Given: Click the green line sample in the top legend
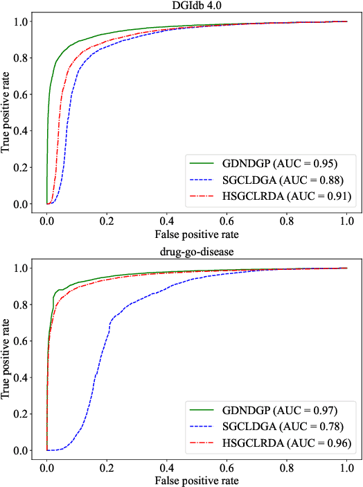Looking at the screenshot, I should coord(204,164).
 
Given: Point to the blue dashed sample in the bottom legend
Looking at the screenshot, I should coord(204,427).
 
